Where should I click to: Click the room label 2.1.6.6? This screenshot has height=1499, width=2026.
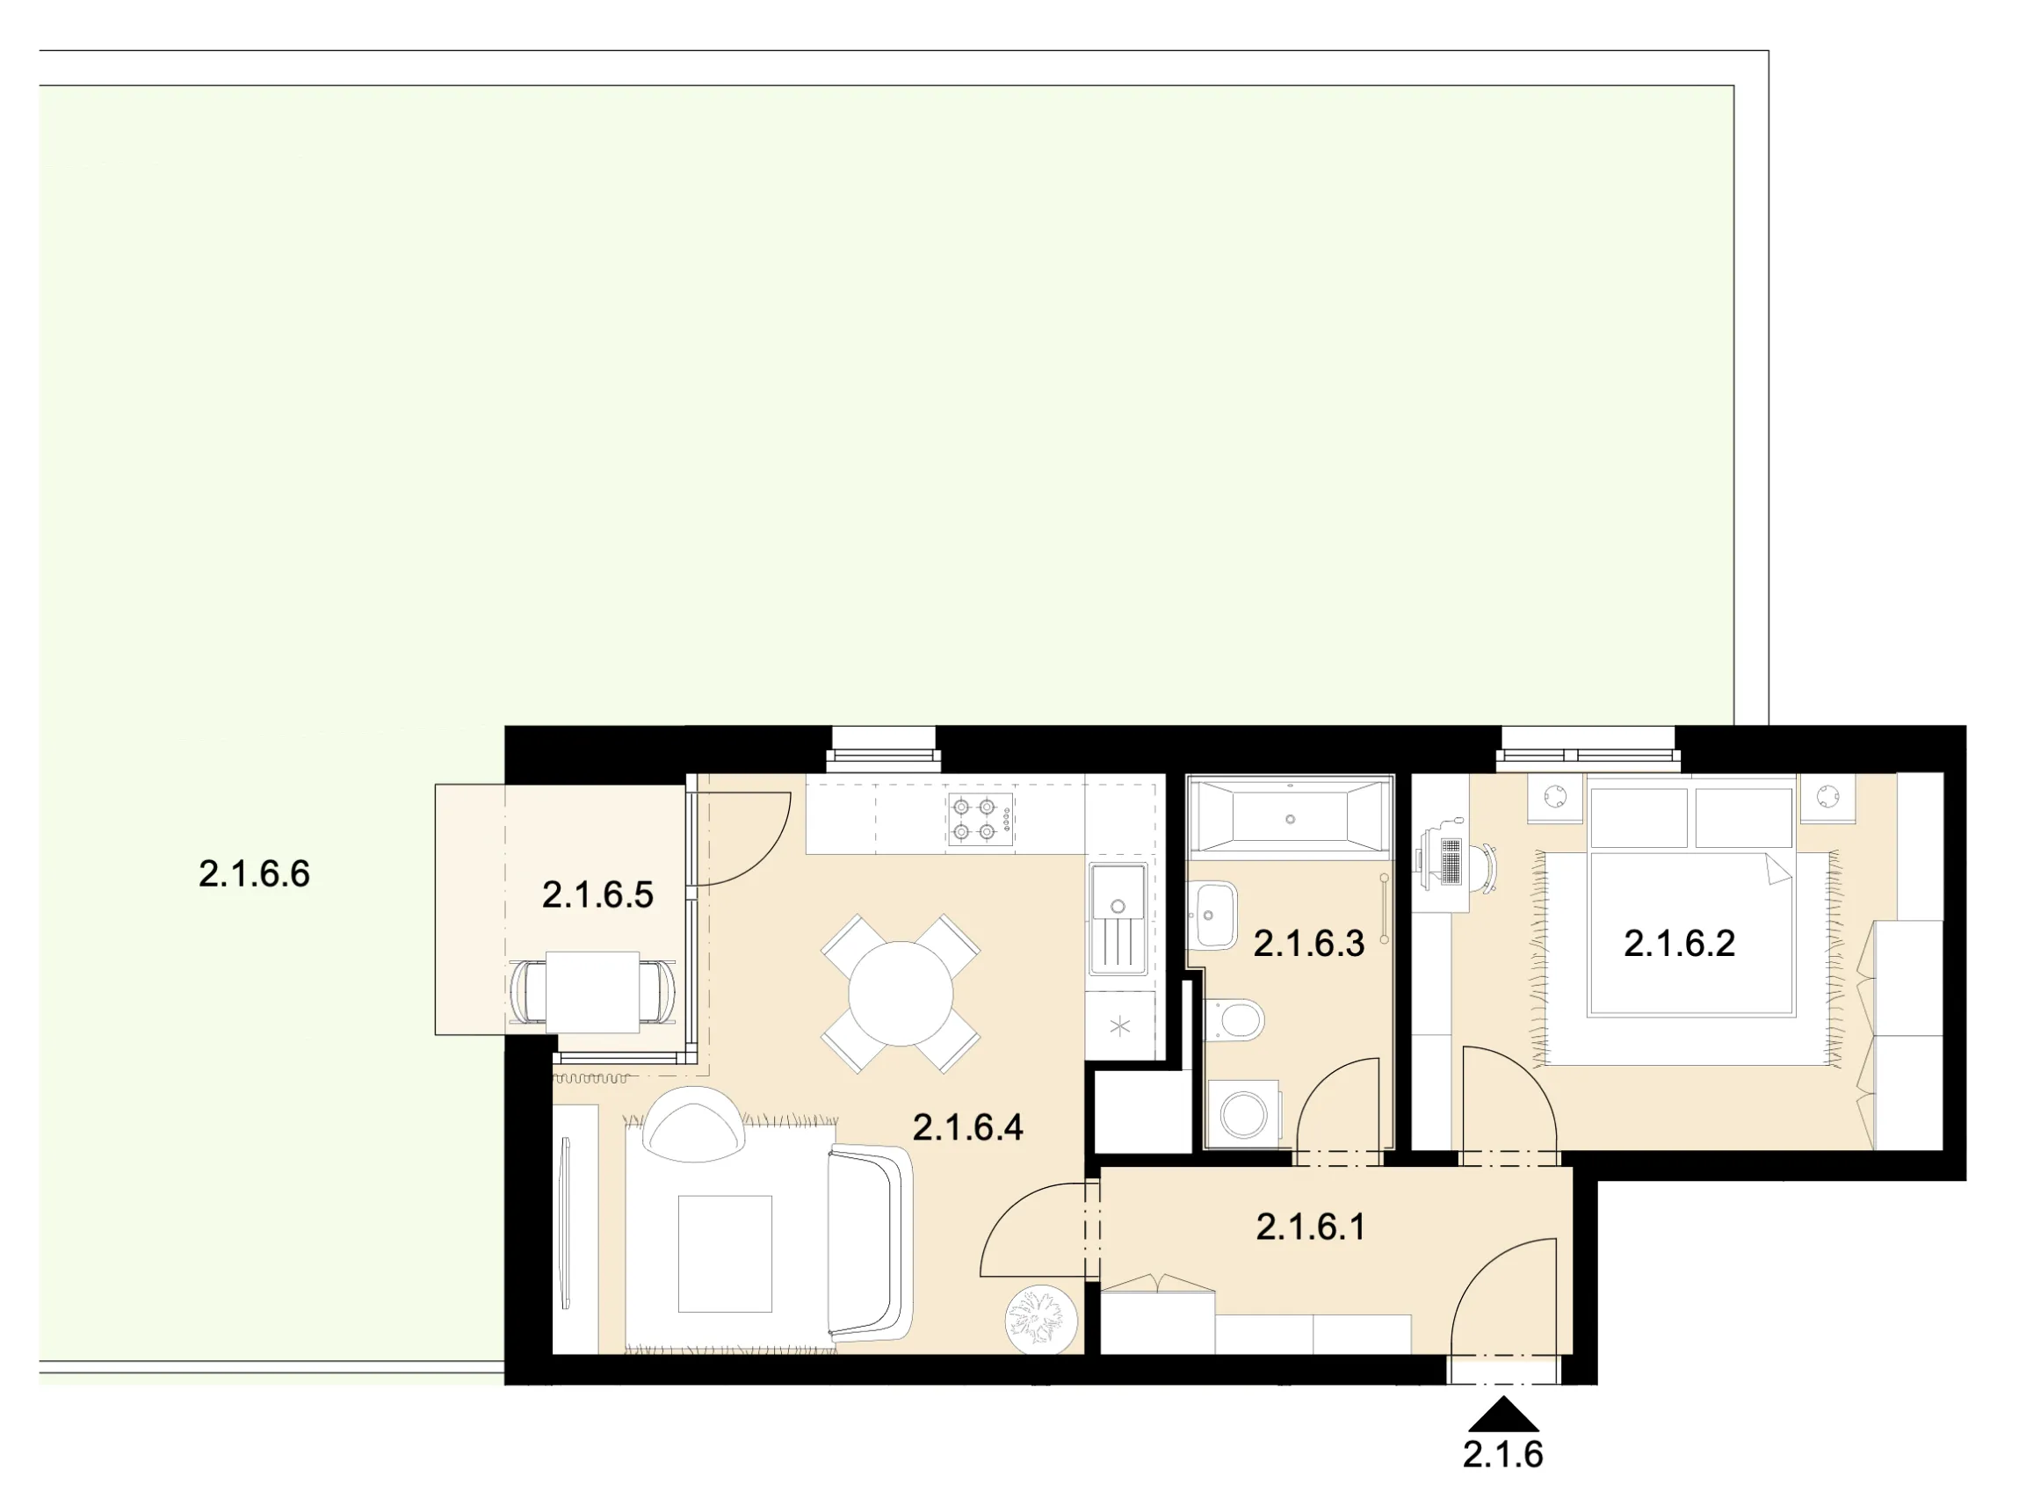click(x=254, y=873)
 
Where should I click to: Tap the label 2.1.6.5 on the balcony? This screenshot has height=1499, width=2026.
click(x=598, y=895)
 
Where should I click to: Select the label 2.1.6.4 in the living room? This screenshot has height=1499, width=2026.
click(x=968, y=1128)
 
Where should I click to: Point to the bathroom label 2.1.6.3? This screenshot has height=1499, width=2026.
click(x=1309, y=945)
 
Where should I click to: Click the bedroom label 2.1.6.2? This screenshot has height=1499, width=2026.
click(x=1680, y=944)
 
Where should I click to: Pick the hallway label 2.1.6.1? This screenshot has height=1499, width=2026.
click(x=1310, y=1227)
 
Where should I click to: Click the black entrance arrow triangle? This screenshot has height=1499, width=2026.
click(x=1503, y=1414)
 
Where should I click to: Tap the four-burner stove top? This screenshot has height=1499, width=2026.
click(x=980, y=820)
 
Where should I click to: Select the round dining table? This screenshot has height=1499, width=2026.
click(x=901, y=994)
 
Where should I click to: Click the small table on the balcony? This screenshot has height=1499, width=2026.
click(x=592, y=992)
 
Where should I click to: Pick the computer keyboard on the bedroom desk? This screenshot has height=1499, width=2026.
click(x=1450, y=861)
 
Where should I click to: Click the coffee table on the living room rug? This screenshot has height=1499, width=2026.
click(x=725, y=1253)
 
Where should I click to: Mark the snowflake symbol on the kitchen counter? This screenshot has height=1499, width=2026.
click(x=1120, y=1027)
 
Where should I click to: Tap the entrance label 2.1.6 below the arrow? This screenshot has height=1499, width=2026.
click(x=1503, y=1456)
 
